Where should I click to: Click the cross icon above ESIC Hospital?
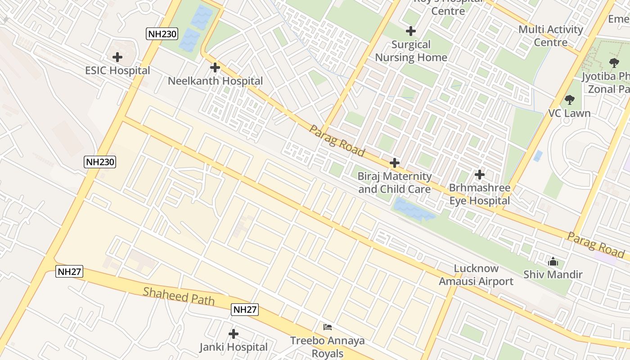tap(117, 57)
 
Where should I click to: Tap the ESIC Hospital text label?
tap(117, 71)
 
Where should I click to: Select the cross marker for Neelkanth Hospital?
tap(215, 67)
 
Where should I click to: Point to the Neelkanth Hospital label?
tap(215, 81)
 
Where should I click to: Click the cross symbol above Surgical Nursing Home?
tap(410, 31)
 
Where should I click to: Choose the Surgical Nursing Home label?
tap(411, 51)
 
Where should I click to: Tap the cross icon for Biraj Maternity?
tap(395, 163)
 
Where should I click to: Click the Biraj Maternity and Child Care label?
tap(395, 183)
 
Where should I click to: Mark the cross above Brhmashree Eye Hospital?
tap(480, 174)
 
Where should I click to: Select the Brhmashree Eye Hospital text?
tap(480, 194)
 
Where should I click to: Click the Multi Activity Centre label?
tap(551, 36)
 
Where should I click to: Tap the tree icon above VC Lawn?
tap(570, 99)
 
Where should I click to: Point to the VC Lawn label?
tap(569, 113)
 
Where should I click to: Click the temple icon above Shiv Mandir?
tap(553, 261)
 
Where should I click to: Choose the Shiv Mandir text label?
tap(553, 274)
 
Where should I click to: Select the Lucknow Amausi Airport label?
tap(476, 275)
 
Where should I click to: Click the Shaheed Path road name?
tap(179, 296)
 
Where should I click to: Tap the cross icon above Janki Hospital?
tap(233, 334)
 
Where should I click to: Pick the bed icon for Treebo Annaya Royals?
tap(327, 327)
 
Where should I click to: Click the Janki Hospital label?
tap(234, 347)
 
